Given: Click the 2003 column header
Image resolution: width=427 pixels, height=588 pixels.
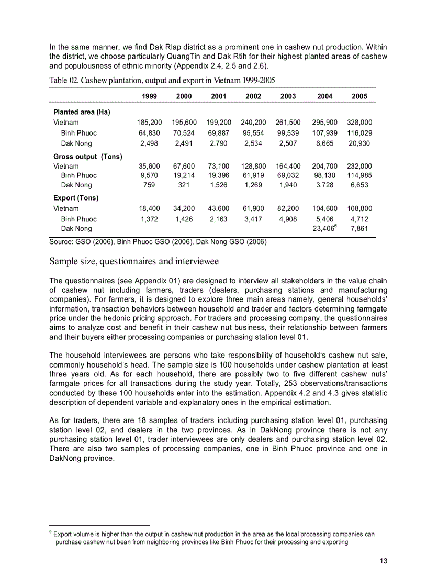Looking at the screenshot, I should pos(288,97).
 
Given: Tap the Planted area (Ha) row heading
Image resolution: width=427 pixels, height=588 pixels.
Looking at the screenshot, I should pos(82,112).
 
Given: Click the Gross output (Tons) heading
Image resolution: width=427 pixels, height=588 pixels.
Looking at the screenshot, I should pos(87,157).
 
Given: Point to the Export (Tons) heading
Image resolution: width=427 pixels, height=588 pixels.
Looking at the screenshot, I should pos(76,198).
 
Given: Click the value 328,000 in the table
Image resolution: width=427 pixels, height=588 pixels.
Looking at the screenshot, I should pos(359,123).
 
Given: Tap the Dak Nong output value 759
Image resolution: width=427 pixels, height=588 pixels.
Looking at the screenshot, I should pos(149,185).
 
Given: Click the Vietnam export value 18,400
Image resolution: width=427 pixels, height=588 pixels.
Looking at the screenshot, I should pos(149,208).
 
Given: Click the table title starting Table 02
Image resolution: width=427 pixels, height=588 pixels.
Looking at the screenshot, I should pos(162,80).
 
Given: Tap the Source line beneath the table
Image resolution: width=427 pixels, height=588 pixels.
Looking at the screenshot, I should pos(158,242).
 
